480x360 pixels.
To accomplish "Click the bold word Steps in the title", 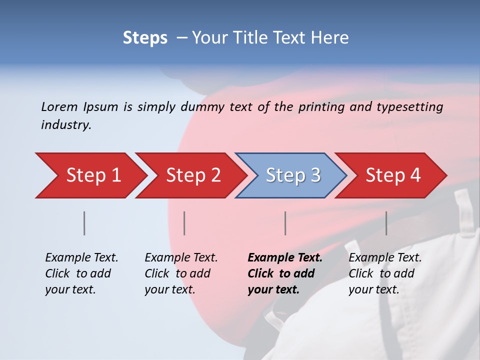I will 145,38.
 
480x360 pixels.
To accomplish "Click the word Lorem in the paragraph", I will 59,106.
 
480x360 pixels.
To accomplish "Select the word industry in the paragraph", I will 65,125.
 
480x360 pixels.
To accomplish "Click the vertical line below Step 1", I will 84,223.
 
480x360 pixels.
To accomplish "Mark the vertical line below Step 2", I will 184,223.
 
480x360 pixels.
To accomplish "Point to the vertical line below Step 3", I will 285,223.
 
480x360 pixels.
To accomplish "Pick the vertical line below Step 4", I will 386,223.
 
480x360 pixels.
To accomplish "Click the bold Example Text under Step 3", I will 285,258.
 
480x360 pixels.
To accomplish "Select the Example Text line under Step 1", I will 81,258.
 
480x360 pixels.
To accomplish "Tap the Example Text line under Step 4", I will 385,258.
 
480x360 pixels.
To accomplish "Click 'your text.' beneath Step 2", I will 169,289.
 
